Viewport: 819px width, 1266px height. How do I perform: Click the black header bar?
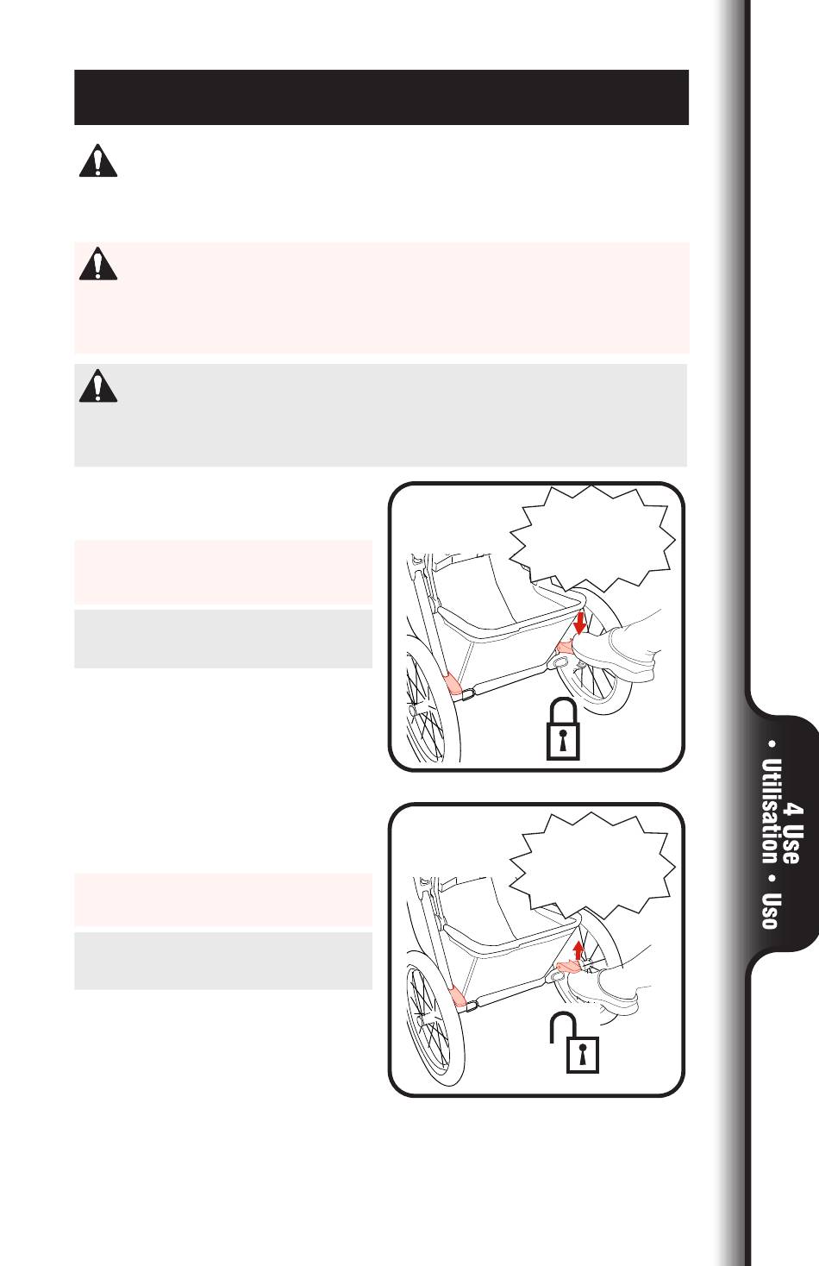pyautogui.click(x=381, y=97)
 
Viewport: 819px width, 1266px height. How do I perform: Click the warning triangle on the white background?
pyautogui.click(x=98, y=161)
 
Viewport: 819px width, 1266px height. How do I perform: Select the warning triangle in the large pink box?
pyautogui.click(x=98, y=264)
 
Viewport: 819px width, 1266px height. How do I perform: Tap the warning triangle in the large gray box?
pyautogui.click(x=98, y=386)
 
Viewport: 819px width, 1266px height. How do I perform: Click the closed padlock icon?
pyautogui.click(x=563, y=729)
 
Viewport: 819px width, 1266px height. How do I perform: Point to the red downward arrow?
pyautogui.click(x=579, y=624)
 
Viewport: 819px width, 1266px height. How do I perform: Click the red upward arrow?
pyautogui.click(x=578, y=950)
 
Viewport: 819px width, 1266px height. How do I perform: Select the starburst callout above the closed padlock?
pyautogui.click(x=591, y=538)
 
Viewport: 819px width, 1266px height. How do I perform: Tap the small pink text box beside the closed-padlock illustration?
pyautogui.click(x=223, y=573)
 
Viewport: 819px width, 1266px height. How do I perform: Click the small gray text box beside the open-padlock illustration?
pyautogui.click(x=223, y=961)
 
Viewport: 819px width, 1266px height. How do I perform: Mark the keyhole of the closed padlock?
pyautogui.click(x=563, y=740)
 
